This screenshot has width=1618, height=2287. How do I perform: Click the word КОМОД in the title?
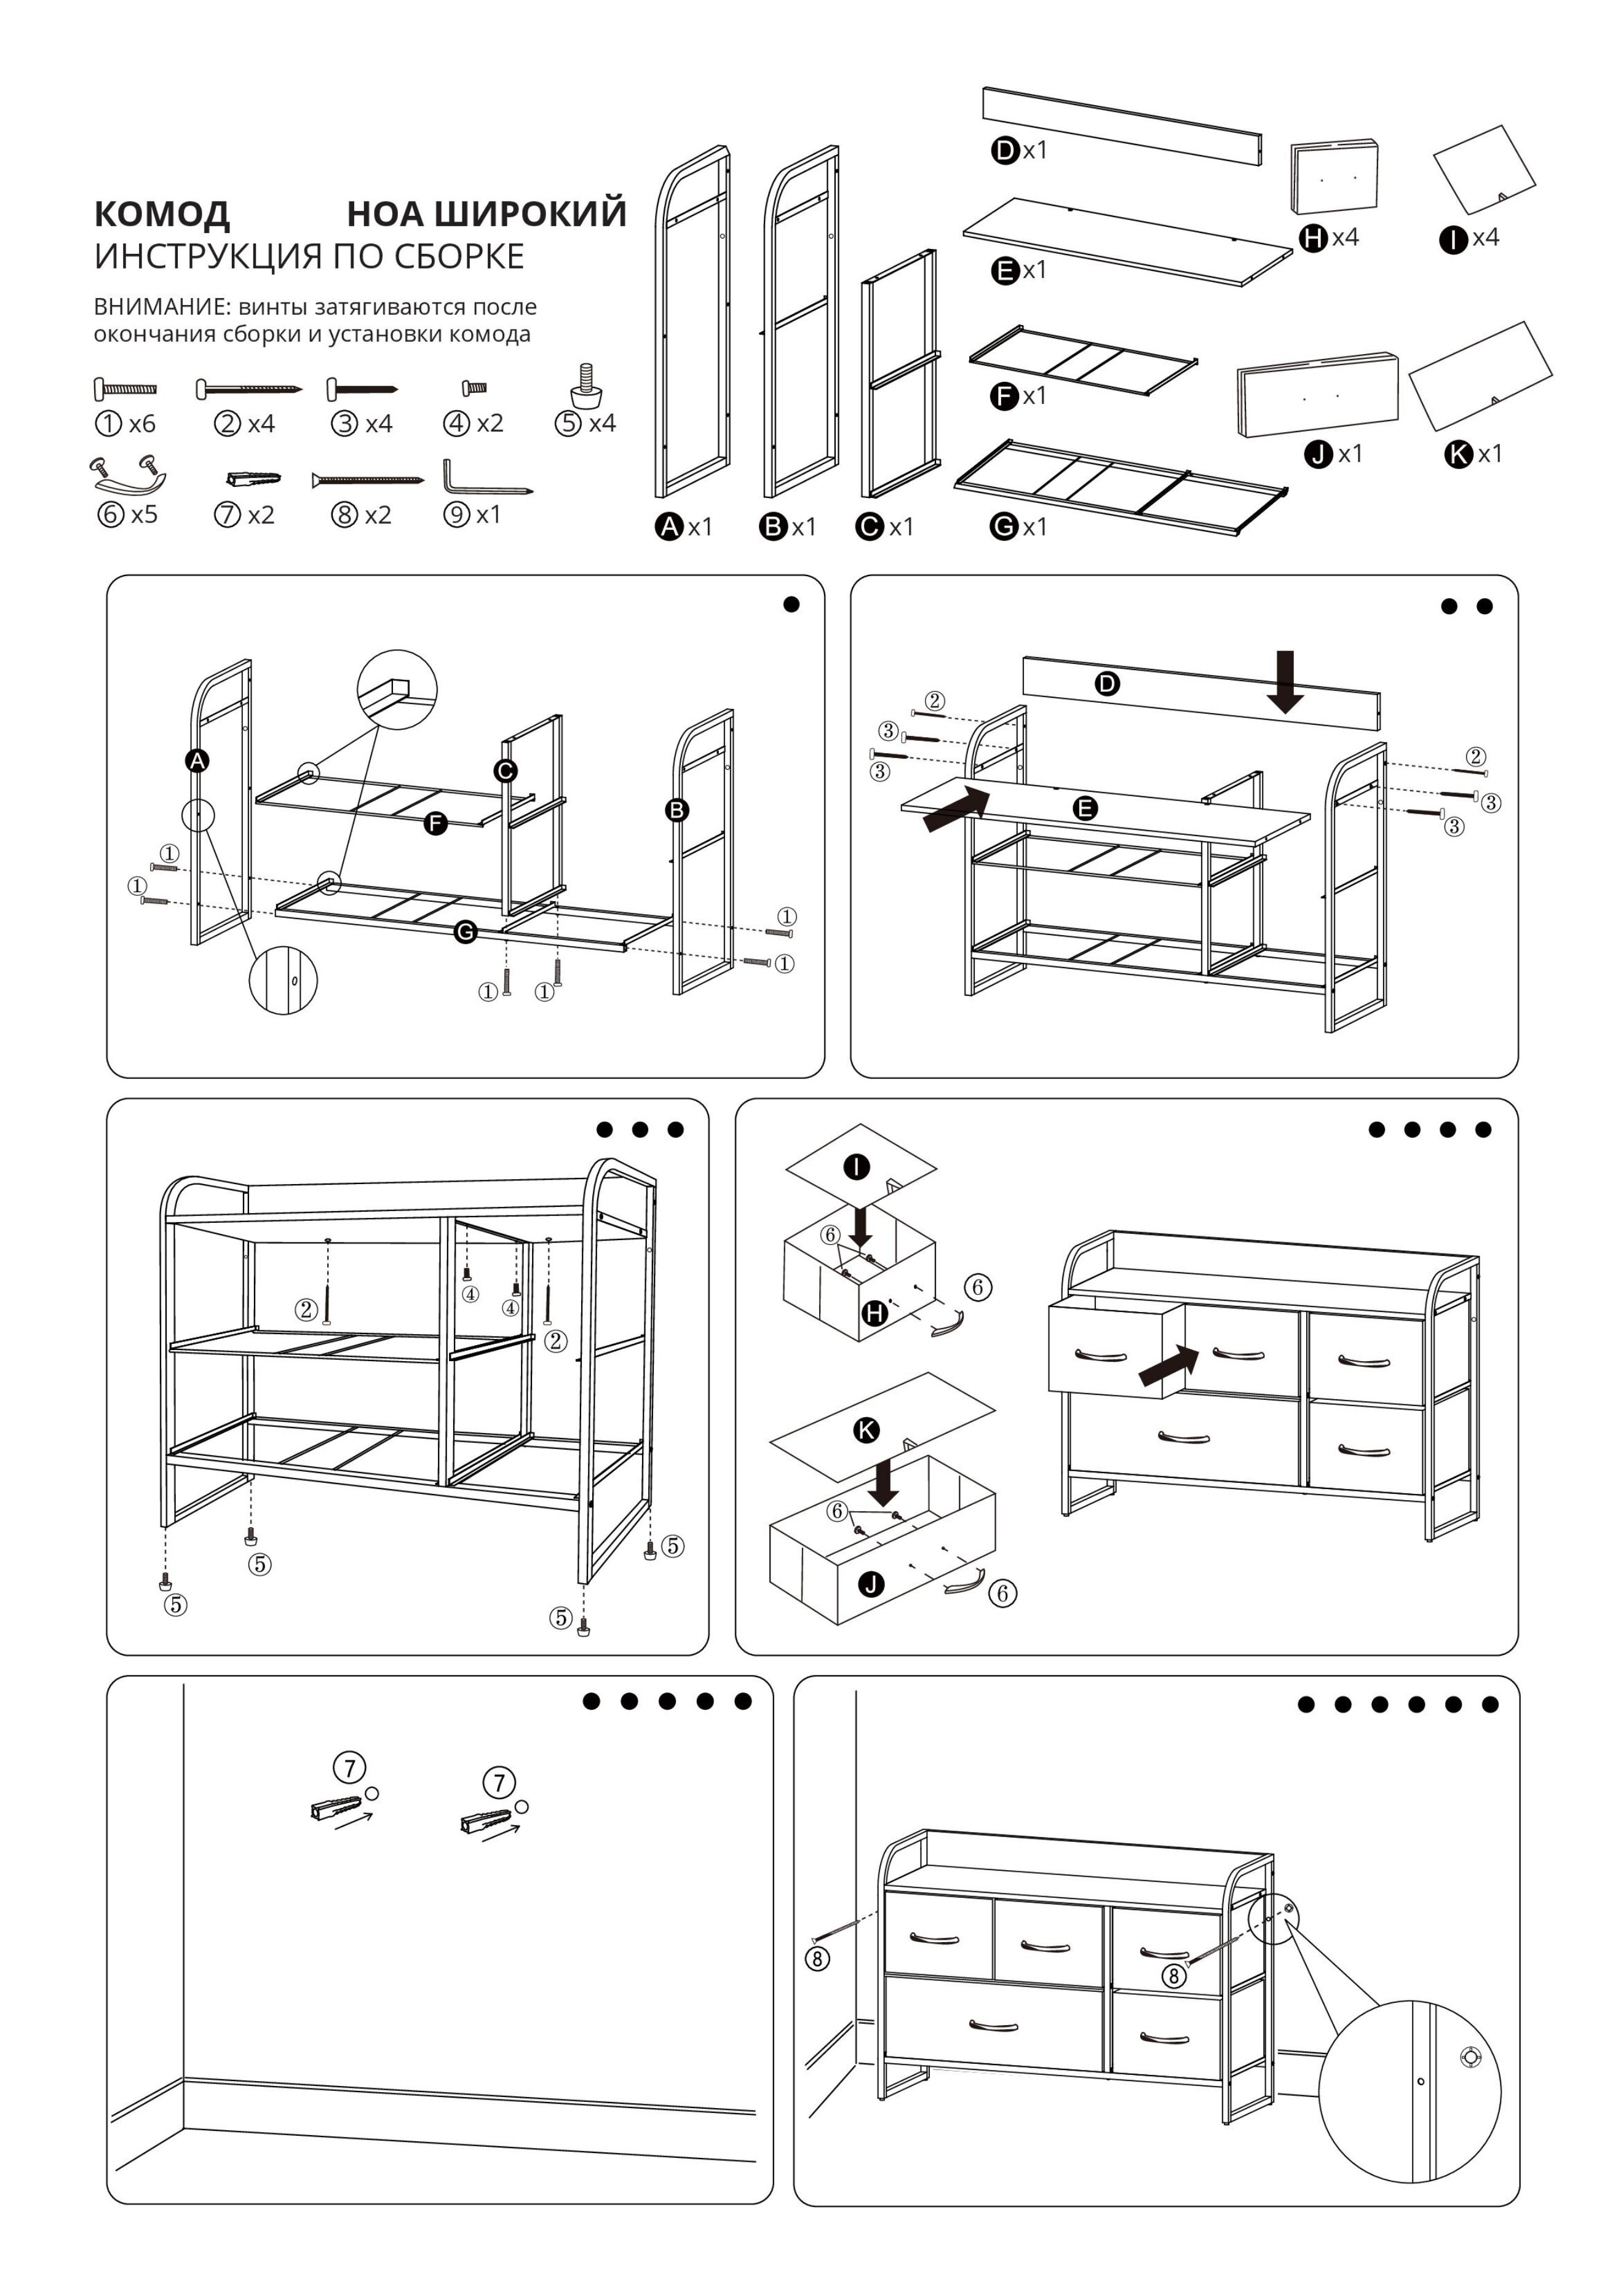click(161, 214)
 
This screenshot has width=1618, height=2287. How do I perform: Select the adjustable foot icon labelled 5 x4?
click(586, 387)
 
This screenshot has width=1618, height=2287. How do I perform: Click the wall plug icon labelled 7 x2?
click(253, 479)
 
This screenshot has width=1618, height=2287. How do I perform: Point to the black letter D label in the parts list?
click(1004, 151)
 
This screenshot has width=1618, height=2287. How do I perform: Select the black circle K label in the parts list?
click(1457, 454)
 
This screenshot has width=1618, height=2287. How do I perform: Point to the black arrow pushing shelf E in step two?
click(956, 808)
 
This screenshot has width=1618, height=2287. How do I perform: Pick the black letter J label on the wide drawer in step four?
click(872, 1584)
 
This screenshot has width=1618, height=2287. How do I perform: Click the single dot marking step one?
click(791, 604)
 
